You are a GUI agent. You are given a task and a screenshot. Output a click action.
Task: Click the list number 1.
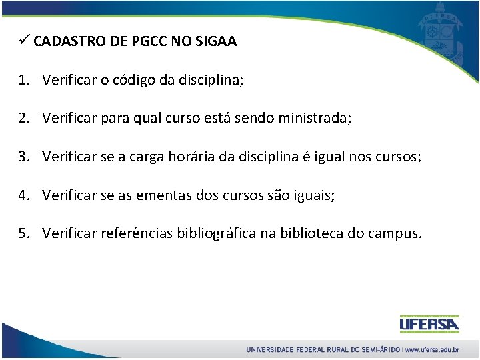[x=24, y=81]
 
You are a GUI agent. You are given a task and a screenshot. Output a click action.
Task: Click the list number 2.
[x=24, y=119]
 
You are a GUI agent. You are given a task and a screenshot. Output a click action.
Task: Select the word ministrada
[x=313, y=119]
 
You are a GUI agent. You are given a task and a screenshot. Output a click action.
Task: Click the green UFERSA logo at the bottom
[x=429, y=324]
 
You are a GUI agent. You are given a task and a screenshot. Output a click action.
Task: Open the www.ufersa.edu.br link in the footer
[x=432, y=350]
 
